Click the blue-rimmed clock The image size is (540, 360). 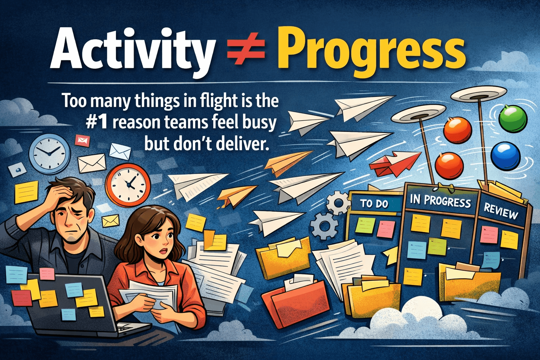click(x=49, y=153)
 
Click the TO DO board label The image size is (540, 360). click(x=374, y=204)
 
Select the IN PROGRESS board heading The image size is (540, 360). click(x=440, y=201)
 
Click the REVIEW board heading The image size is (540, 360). click(x=501, y=211)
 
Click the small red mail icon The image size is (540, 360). click(x=83, y=140)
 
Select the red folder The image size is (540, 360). click(x=299, y=302)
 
